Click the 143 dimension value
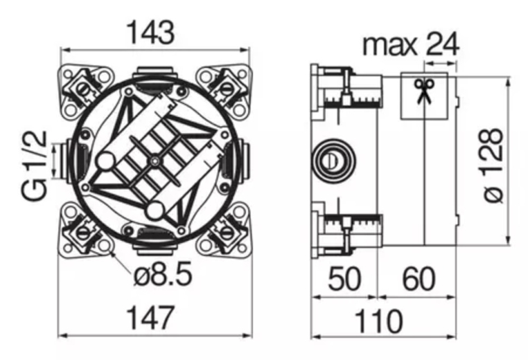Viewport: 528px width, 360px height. (x=152, y=33)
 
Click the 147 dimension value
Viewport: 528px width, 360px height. (x=150, y=318)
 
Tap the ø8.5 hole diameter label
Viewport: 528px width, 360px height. (x=163, y=274)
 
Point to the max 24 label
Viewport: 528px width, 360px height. (x=411, y=44)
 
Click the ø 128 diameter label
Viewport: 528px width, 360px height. (x=493, y=165)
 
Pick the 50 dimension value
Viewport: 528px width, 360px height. (x=344, y=279)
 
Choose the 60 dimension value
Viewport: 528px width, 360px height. (x=419, y=279)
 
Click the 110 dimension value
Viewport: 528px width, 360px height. (x=379, y=321)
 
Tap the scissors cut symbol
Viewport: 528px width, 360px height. (x=424, y=91)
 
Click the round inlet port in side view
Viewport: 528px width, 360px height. (x=333, y=160)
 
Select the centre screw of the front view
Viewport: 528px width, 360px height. (x=155, y=161)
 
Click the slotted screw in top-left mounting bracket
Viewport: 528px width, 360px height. (x=83, y=89)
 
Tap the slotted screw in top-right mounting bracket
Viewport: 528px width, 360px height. (x=227, y=89)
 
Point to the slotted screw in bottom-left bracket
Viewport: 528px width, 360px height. (x=83, y=233)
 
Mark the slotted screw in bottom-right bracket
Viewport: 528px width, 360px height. (x=227, y=233)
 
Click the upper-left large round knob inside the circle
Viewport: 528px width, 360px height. (x=105, y=161)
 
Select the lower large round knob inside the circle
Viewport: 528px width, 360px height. (x=155, y=211)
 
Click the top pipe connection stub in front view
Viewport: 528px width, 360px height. (x=155, y=73)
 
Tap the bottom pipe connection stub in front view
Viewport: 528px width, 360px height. (x=155, y=249)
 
